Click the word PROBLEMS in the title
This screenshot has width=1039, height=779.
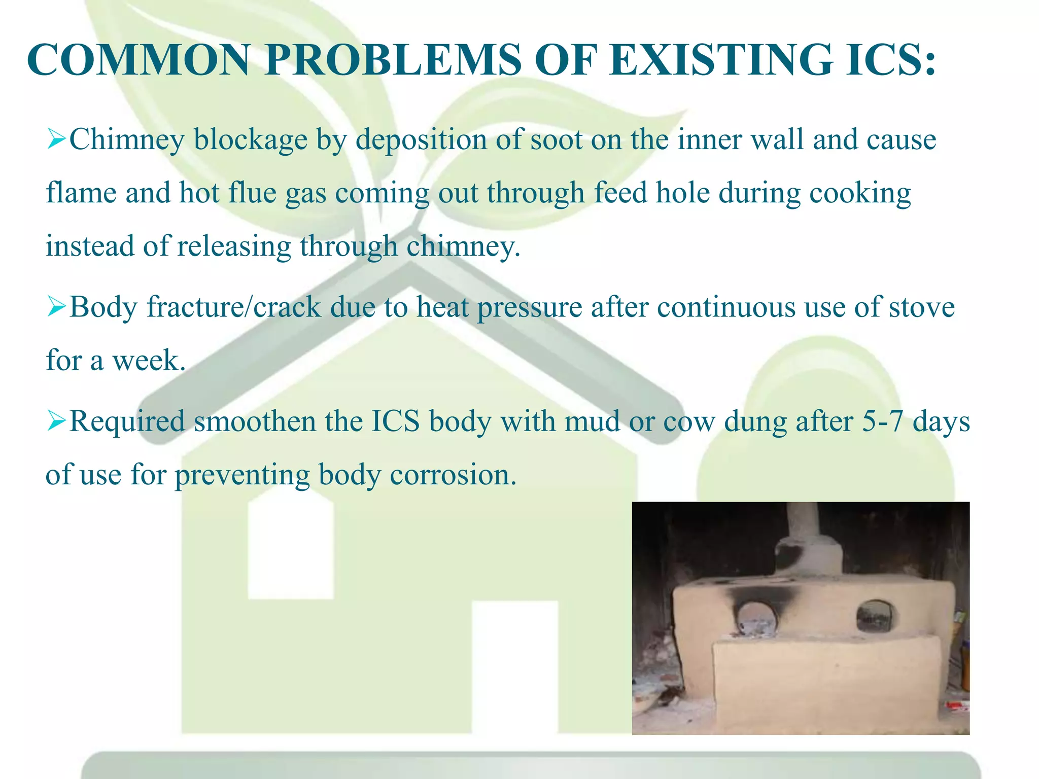(393, 60)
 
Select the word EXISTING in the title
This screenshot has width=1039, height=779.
(720, 60)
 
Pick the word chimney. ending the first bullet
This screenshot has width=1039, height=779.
(463, 246)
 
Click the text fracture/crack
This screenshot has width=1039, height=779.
(234, 307)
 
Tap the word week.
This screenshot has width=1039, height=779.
(149, 361)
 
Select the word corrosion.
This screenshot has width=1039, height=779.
(453, 475)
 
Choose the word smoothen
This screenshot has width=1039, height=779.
(255, 421)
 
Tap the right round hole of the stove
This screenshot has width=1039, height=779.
(874, 616)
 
